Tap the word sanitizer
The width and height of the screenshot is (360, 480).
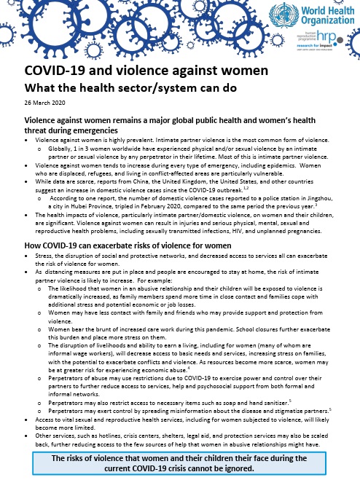click(268, 402)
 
